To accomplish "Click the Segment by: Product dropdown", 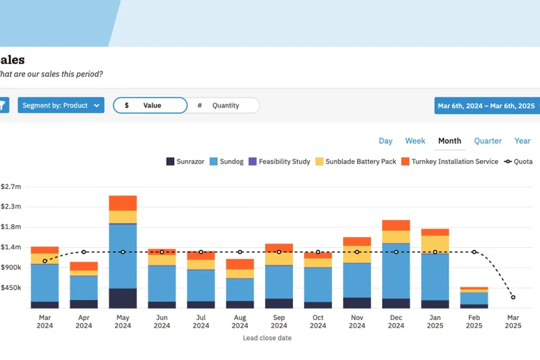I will [61, 105].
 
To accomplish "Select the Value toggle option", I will [150, 105].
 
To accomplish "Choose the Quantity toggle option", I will [223, 105].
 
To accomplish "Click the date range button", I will [486, 106].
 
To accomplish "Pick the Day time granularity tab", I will [385, 141].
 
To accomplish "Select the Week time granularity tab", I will [415, 141].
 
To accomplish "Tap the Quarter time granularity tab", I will [487, 141].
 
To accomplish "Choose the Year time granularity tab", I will [522, 141].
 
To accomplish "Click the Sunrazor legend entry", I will [185, 162].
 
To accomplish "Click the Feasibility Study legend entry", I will [279, 162].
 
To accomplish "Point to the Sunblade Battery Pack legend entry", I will [356, 162].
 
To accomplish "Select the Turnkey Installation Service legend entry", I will [450, 162].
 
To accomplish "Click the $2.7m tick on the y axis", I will [11, 186].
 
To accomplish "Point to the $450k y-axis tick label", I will [11, 288].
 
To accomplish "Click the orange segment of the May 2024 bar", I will [123, 203].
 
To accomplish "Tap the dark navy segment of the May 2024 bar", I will [123, 299].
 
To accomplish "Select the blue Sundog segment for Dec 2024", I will [396, 270].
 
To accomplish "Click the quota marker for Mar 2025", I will [513, 297].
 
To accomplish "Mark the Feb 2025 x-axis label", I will [474, 322].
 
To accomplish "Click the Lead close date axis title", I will [267, 338].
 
